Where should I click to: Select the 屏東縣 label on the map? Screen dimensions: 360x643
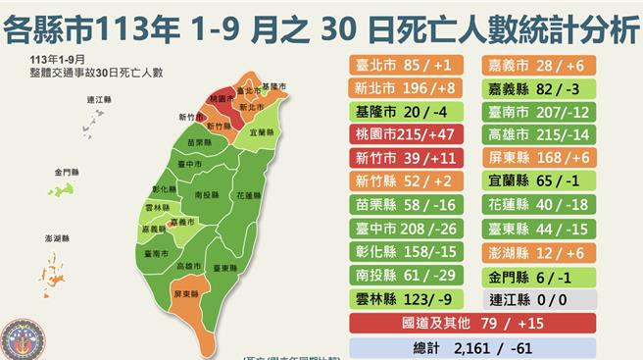(x=182, y=293)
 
